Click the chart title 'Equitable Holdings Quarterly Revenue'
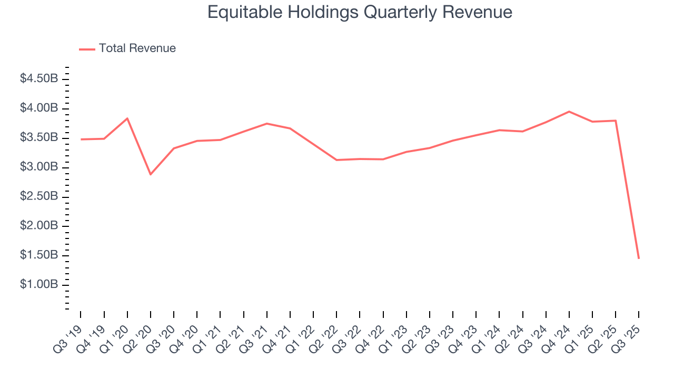pos(360,12)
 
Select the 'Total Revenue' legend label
pos(137,48)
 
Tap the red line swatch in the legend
pos(87,49)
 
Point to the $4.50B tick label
pos(38,79)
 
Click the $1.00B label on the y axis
pos(38,285)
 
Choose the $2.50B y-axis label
pos(38,196)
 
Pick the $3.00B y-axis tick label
pos(38,167)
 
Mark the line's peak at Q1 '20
pos(127,118)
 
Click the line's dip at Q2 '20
pos(151,174)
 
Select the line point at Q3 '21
pos(267,124)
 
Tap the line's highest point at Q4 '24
pos(569,112)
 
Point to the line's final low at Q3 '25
pos(639,258)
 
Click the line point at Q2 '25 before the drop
pos(616,121)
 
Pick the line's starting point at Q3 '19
pos(81,139)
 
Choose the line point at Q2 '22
pos(336,160)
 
